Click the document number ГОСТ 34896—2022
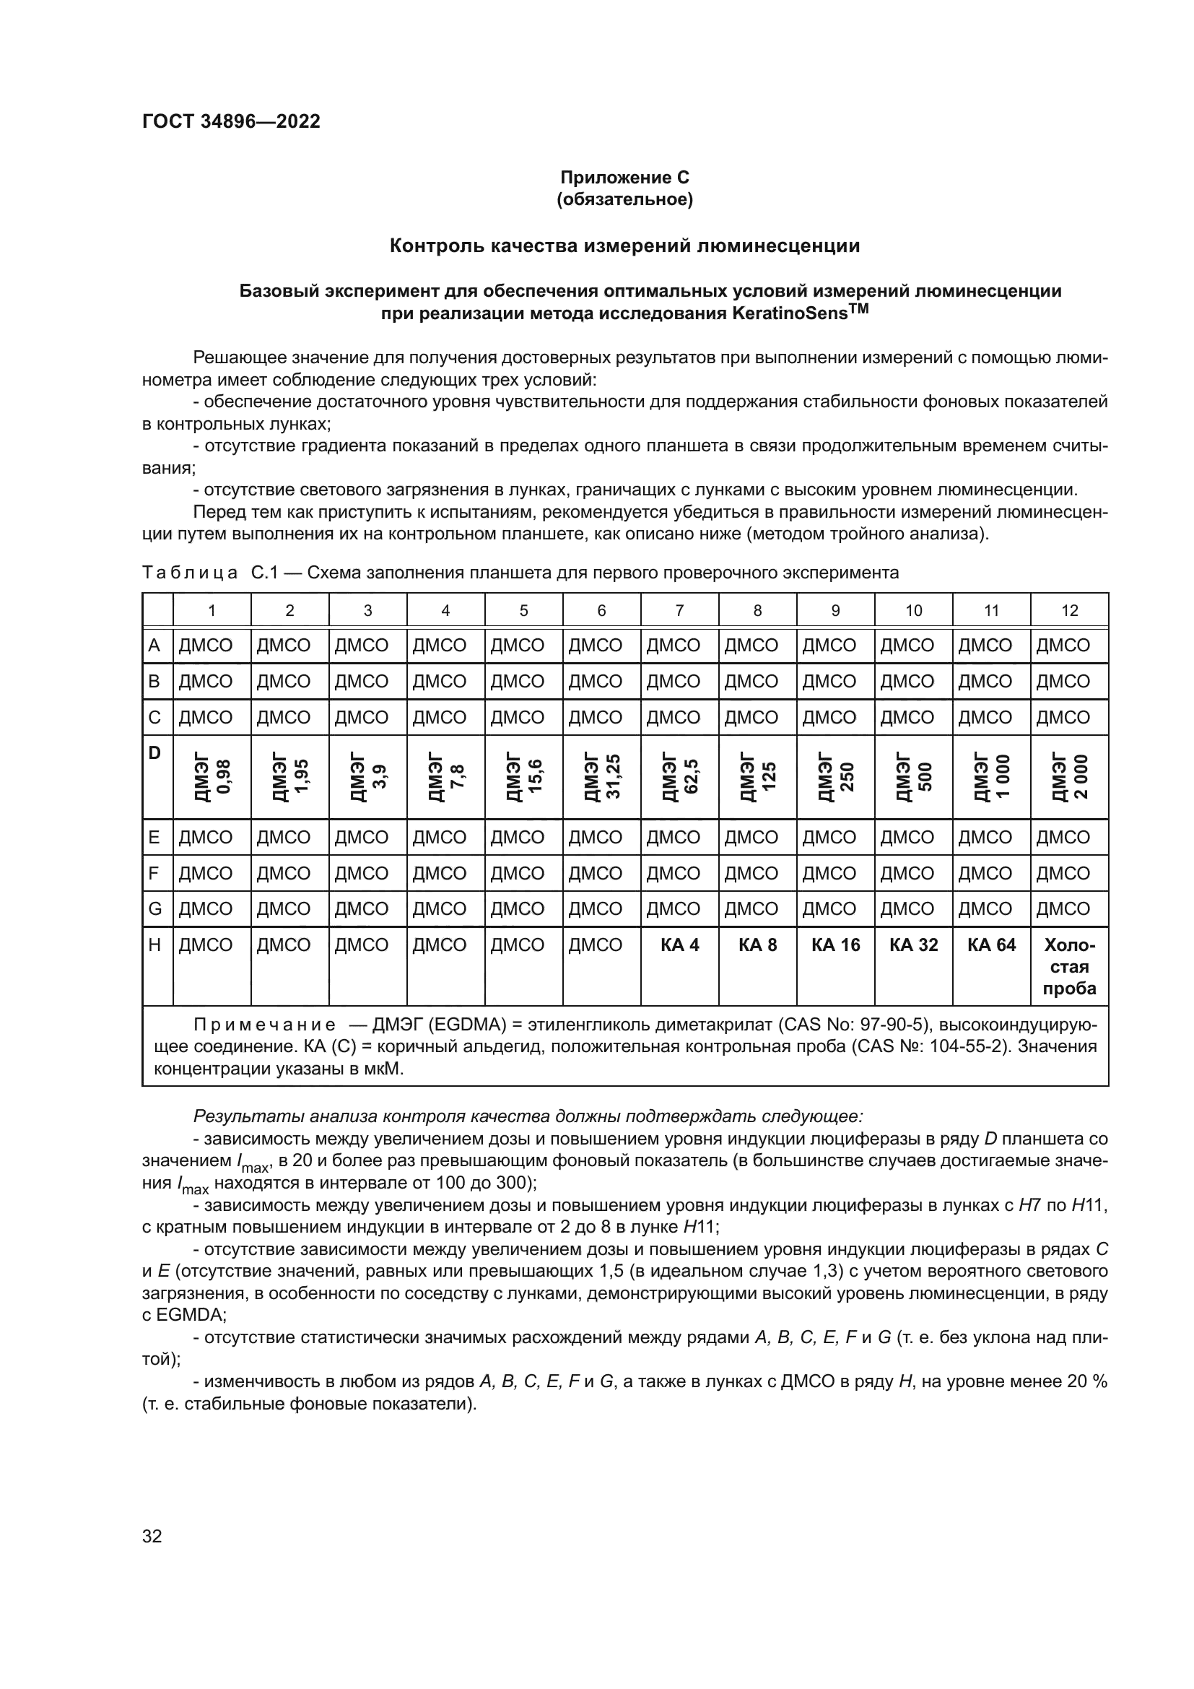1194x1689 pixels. pos(231,122)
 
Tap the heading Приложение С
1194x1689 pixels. pos(624,178)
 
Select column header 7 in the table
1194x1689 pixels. pos(679,611)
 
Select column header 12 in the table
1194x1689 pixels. pos(1069,611)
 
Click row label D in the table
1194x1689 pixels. pos(154,753)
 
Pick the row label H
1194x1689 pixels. pos(154,945)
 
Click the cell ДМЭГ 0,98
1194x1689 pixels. pos(212,777)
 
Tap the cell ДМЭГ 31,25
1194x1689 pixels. pos(601,777)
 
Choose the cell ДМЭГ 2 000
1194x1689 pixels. pos(1069,777)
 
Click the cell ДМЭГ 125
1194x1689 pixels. pos(757,777)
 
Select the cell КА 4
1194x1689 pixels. pos(679,945)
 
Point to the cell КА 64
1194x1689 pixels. pos(991,945)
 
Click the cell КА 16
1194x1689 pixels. pos(835,945)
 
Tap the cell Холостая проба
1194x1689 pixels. pos(1069,967)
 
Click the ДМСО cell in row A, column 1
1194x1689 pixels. pos(206,646)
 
